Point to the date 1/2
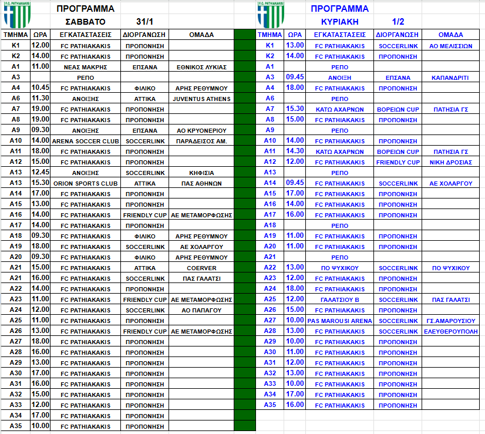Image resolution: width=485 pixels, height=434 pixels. (x=398, y=21)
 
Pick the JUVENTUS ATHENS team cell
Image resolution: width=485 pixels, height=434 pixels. (x=201, y=98)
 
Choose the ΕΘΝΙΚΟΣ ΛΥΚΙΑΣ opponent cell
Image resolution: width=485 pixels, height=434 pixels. (x=201, y=67)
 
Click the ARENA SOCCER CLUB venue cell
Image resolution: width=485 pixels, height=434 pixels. (x=86, y=141)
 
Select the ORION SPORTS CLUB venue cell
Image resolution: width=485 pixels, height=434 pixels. (x=86, y=183)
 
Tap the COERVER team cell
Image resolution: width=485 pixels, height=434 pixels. (x=201, y=268)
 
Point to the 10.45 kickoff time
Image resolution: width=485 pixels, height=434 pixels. (x=40, y=88)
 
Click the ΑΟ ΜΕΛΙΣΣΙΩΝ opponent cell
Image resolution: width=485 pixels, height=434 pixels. (x=451, y=46)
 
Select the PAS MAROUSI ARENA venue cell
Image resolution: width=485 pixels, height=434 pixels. (x=340, y=321)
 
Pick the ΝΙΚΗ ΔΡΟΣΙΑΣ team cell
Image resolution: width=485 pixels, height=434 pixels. (x=451, y=162)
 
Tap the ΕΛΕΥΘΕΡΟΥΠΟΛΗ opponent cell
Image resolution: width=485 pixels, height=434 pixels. (x=451, y=331)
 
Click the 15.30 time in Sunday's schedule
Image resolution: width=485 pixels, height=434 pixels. (x=295, y=109)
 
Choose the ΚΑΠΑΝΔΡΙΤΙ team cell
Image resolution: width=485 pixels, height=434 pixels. (x=451, y=78)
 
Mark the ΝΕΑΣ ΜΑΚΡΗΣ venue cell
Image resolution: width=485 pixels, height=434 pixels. (x=86, y=67)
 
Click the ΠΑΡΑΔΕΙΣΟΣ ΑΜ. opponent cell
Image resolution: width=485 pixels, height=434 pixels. (x=201, y=141)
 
